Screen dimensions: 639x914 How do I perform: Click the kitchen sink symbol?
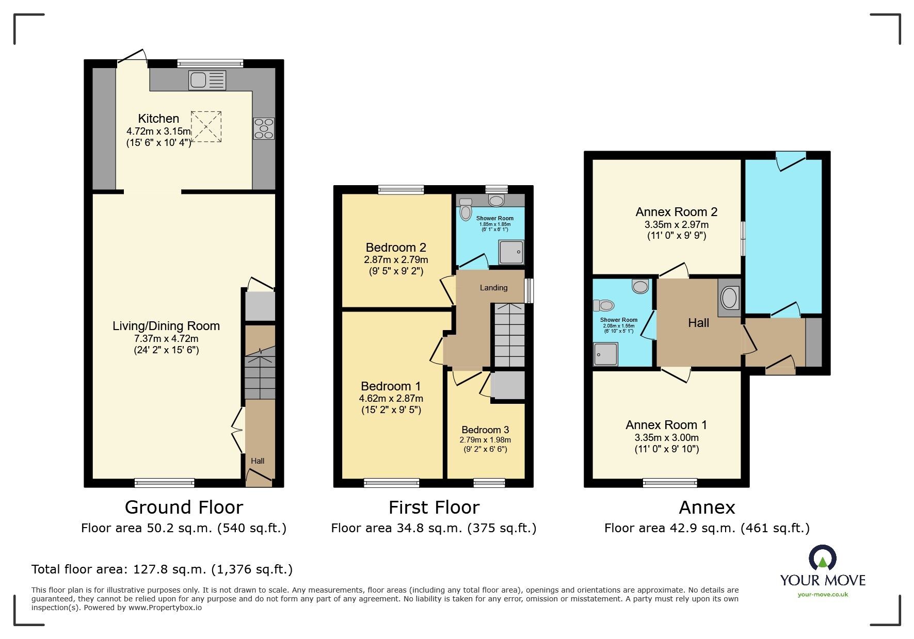pos(207,80)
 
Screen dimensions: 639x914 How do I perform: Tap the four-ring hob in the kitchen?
pos(264,128)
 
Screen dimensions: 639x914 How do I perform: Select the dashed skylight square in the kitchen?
pos(207,126)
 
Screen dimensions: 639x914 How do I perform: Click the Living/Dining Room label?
pos(166,326)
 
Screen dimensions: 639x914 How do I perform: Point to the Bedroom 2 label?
pos(396,248)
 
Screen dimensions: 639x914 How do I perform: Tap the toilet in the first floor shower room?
pos(466,211)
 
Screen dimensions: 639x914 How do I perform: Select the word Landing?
pos(493,288)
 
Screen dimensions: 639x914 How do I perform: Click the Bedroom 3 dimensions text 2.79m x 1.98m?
pos(485,440)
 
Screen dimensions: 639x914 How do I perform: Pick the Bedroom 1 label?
pos(391,386)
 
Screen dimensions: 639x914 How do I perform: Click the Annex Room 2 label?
pos(676,212)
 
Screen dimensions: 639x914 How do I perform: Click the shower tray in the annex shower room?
pos(605,354)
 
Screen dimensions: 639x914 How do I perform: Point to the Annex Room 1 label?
pos(666,425)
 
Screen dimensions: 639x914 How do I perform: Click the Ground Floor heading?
pos(184,507)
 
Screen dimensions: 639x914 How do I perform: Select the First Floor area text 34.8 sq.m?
pos(434,528)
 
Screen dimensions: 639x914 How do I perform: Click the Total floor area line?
pos(162,569)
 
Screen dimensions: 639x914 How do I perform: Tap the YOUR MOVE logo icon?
pos(822,559)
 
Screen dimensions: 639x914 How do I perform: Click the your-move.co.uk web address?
pos(823,595)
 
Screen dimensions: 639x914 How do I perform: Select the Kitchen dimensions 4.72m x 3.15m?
pos(158,132)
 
